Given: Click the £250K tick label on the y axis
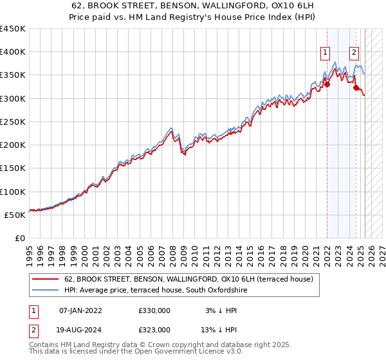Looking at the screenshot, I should click(12, 122).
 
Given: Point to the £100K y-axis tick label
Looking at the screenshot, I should click(12, 192).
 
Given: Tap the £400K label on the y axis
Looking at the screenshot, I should click(12, 52).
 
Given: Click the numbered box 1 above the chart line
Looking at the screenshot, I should click(326, 53).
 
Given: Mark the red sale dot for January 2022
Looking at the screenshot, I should click(327, 84).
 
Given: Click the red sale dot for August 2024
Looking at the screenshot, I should click(356, 87).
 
